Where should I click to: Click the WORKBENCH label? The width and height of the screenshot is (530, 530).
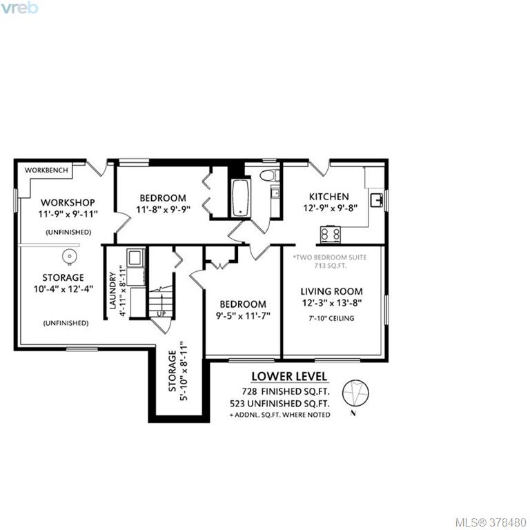(x=46, y=170)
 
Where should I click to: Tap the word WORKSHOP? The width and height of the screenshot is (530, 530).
(x=68, y=202)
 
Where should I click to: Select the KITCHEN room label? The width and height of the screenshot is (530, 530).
(x=329, y=197)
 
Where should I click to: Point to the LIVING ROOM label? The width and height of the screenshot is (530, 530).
(x=331, y=291)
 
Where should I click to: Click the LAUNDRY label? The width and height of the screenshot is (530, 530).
(x=113, y=291)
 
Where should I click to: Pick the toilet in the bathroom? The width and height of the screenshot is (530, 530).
(x=269, y=175)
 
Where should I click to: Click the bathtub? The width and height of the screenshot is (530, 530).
(x=241, y=197)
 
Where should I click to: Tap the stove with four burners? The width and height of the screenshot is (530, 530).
(x=331, y=234)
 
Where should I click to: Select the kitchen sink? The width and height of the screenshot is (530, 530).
(x=376, y=199)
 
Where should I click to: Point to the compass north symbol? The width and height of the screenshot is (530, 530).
(x=355, y=394)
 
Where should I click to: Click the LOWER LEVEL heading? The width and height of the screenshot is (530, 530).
(x=289, y=376)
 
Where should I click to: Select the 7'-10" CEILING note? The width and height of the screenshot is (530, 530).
(x=331, y=318)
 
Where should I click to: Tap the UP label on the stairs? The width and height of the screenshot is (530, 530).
(x=161, y=314)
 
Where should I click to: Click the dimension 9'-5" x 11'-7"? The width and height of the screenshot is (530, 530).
(x=243, y=316)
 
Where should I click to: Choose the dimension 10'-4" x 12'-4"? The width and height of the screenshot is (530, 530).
(x=63, y=289)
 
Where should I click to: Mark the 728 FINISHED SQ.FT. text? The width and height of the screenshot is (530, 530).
(x=286, y=391)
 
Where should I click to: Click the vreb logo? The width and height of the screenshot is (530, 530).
(x=19, y=8)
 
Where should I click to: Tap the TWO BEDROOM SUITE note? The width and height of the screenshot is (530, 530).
(x=330, y=257)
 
